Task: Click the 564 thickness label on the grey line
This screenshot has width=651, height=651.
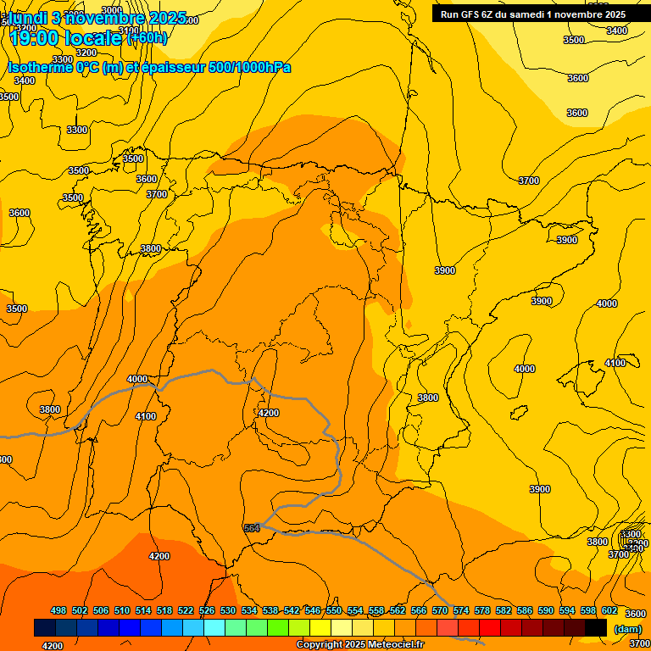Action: (x=252, y=528)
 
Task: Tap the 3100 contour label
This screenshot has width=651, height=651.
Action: (x=130, y=31)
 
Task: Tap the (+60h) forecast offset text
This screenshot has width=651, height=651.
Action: (x=147, y=37)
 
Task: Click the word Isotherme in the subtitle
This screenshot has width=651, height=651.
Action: (x=39, y=67)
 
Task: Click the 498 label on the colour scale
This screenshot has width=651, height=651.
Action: (x=58, y=611)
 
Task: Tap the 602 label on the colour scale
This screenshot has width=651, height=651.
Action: (x=609, y=611)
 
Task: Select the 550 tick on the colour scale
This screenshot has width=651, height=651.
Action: (x=334, y=611)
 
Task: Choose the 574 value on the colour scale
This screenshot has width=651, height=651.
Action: (x=461, y=611)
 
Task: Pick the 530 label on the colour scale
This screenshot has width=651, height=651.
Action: (x=228, y=611)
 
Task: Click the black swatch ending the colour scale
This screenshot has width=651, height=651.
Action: (x=596, y=627)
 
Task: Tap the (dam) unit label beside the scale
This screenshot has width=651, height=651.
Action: (x=628, y=628)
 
